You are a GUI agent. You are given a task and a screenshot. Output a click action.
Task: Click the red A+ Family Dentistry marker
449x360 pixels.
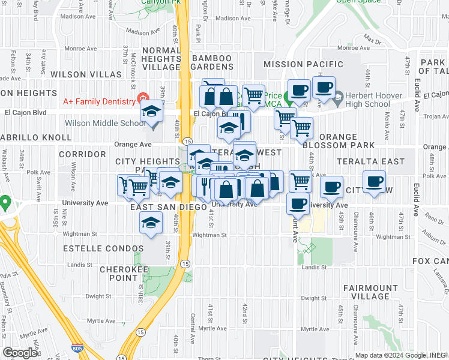pos(142,98)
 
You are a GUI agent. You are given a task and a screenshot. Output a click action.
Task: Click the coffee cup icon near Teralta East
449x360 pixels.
pos(375,181)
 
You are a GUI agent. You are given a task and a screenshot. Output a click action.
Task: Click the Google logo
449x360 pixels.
pos(21,353)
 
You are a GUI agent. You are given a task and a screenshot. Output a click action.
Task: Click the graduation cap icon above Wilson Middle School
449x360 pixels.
pos(151,112)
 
